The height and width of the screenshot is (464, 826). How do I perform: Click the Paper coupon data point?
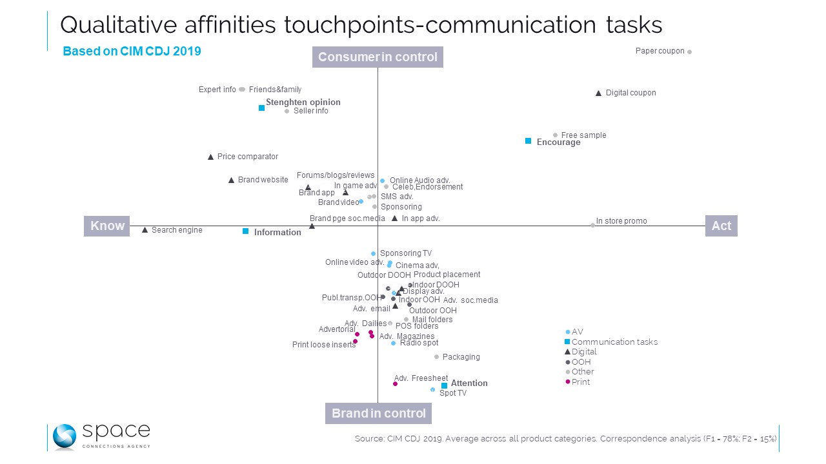tap(689, 52)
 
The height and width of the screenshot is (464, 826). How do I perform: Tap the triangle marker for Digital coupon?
tap(598, 93)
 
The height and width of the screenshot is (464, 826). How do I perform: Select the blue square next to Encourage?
tap(528, 140)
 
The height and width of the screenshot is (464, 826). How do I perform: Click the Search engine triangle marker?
tap(145, 230)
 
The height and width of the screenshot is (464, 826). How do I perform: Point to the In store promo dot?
tap(592, 225)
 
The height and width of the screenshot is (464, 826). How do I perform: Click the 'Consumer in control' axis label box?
tap(378, 57)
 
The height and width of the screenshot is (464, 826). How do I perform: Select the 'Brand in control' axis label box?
tap(378, 413)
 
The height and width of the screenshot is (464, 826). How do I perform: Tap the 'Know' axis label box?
tap(107, 226)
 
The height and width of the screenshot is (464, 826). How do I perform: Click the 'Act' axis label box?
tap(721, 226)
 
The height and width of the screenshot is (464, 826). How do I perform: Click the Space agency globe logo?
tap(64, 436)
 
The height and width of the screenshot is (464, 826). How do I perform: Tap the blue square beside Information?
tap(245, 231)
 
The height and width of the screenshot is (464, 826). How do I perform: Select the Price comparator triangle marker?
tap(210, 157)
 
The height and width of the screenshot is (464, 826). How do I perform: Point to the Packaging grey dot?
tap(436, 356)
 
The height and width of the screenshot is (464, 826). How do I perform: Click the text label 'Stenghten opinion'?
tap(303, 102)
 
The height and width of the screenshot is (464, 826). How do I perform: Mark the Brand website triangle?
tap(231, 180)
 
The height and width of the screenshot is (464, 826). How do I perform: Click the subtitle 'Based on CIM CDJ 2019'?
tap(132, 52)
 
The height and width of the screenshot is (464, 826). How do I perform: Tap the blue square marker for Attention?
tap(444, 385)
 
